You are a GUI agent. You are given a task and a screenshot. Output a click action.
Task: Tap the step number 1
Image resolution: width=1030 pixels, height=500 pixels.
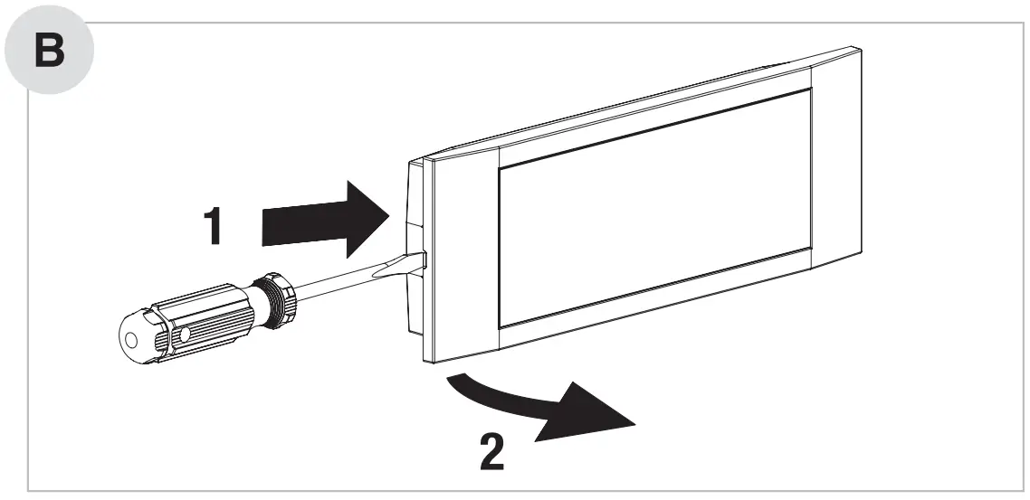pyautogui.click(x=212, y=226)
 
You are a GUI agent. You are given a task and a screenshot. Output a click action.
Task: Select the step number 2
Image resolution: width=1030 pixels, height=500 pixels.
pyautogui.click(x=492, y=453)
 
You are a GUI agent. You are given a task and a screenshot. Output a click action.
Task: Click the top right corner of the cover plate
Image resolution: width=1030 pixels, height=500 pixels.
pyautogui.click(x=855, y=50)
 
